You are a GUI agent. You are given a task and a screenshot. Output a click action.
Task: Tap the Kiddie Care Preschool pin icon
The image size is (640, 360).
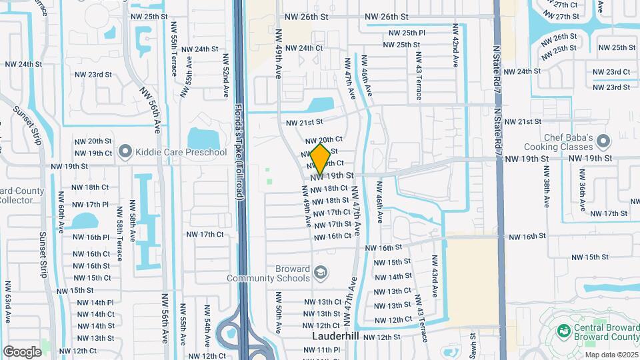coord(125,153)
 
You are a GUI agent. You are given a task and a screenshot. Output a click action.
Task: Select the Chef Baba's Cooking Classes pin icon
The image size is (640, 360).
coord(603,141)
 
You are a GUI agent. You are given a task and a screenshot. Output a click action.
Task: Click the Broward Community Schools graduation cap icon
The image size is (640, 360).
coord(321,273)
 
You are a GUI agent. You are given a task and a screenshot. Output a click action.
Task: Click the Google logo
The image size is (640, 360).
coord(22,351)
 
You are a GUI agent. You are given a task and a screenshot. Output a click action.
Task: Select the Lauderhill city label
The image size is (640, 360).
coord(335,337)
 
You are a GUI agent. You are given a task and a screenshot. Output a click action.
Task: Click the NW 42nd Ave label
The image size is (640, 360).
coord(456,46)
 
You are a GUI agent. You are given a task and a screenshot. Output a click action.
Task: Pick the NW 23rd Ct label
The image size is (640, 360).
coord(612,72)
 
